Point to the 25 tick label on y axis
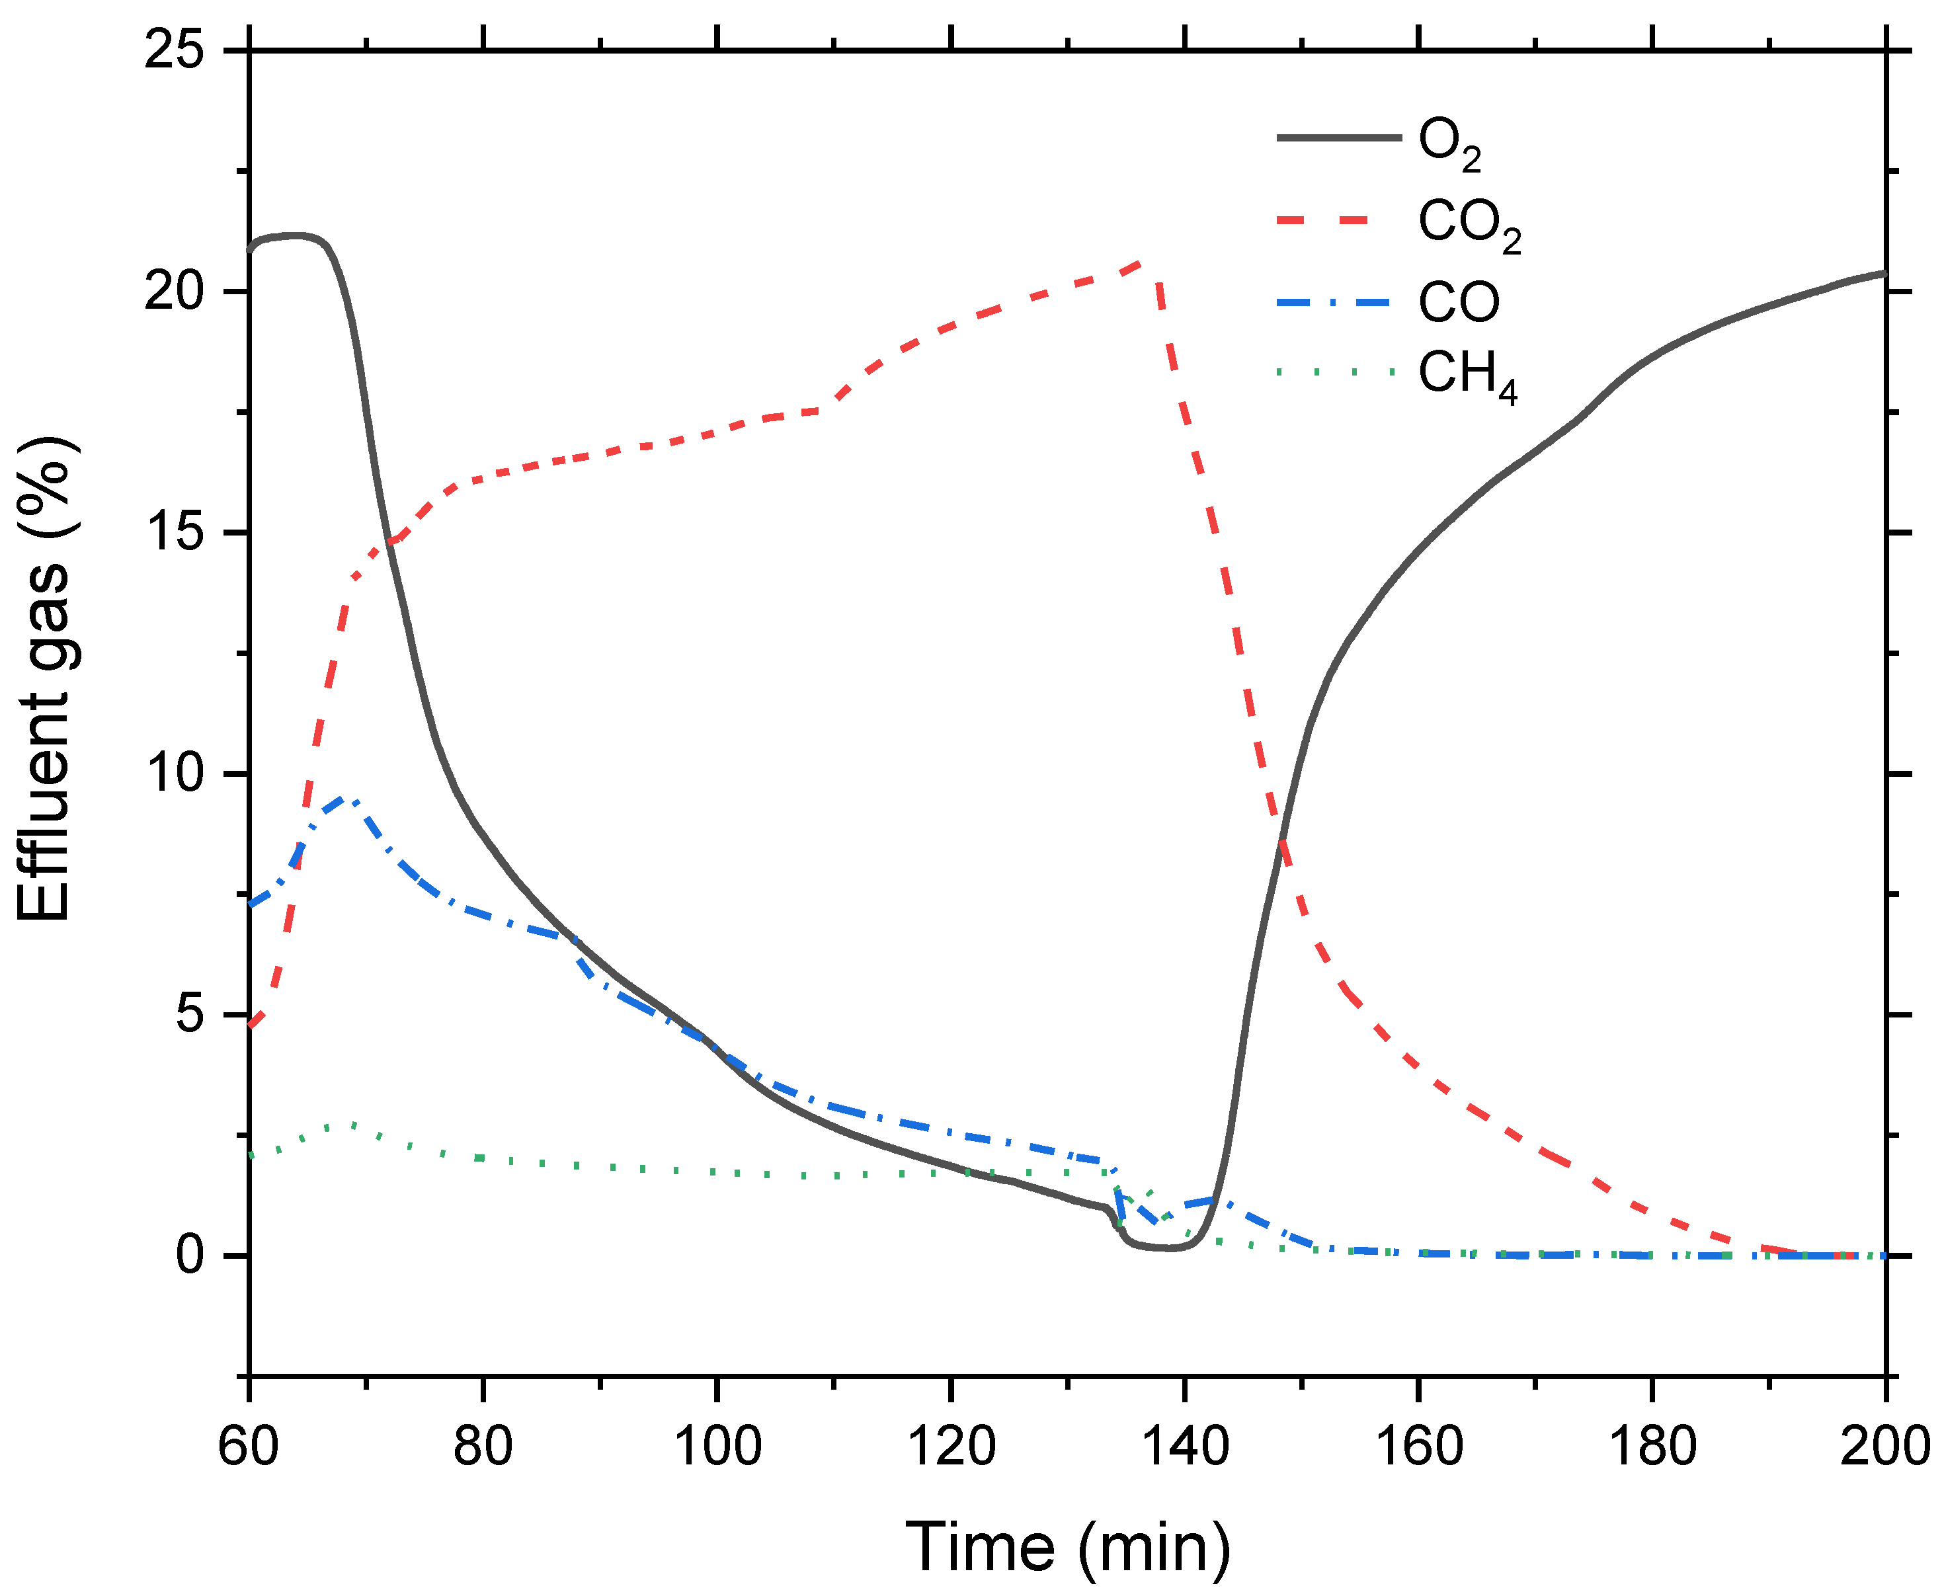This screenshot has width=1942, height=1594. tap(175, 50)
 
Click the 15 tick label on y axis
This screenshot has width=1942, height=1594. tap(175, 533)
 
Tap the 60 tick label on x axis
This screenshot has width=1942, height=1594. tap(248, 1445)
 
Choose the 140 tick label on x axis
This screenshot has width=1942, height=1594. tap(1184, 1445)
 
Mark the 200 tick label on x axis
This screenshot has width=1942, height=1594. tap(1884, 1445)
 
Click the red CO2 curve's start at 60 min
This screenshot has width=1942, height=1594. tap(251, 1024)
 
